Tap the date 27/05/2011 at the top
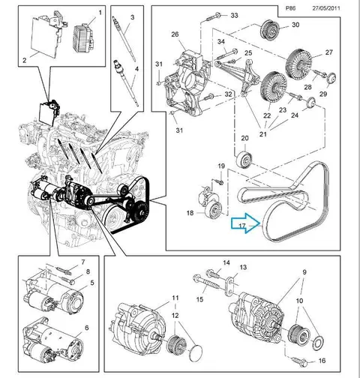pyautogui.click(x=326, y=8)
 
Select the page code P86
pyautogui.click(x=290, y=8)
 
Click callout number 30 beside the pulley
pyautogui.click(x=295, y=25)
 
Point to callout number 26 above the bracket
pyautogui.click(x=175, y=34)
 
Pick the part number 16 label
pyautogui.click(x=322, y=361)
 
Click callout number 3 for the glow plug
pyautogui.click(x=133, y=17)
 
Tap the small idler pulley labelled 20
pyautogui.click(x=244, y=159)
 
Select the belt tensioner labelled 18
pyautogui.click(x=211, y=203)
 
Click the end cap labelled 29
pyautogui.click(x=331, y=78)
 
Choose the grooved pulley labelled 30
pyautogui.click(x=269, y=29)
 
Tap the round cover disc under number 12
pyautogui.click(x=196, y=353)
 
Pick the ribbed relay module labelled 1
pyautogui.click(x=84, y=37)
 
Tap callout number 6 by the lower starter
pyautogui.click(x=87, y=328)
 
